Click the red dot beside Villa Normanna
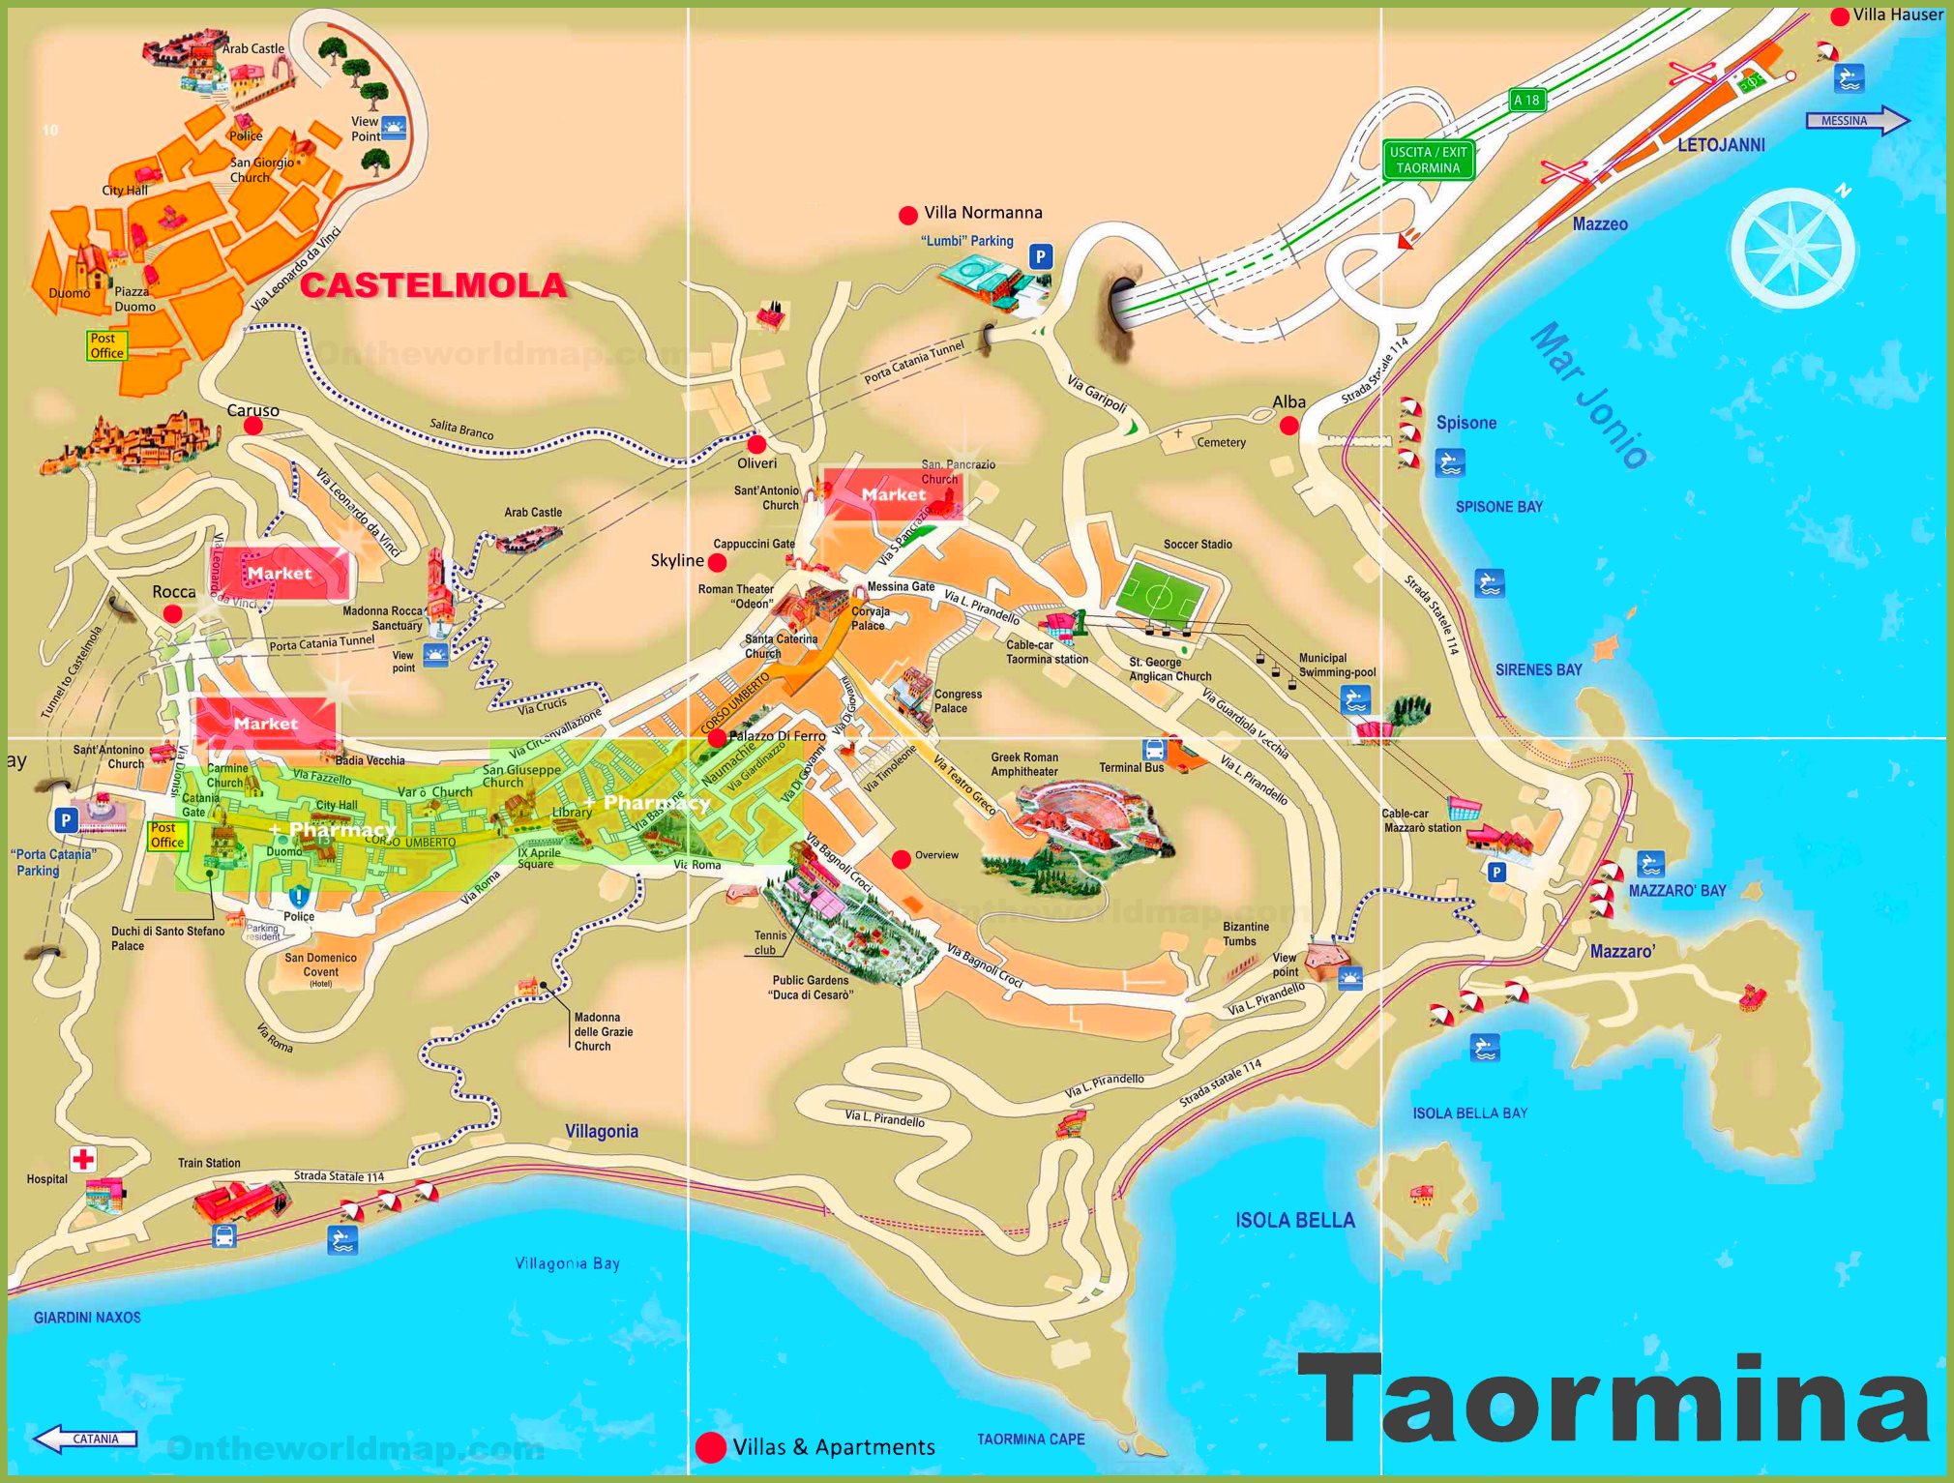tap(907, 215)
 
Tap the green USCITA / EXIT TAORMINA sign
tap(1428, 160)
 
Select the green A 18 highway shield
tap(1526, 100)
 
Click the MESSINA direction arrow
tap(1855, 121)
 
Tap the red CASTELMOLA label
tap(432, 285)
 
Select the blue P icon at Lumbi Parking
tap(1040, 256)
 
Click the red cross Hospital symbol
tap(84, 1158)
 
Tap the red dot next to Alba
tap(1288, 425)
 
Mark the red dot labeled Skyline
tap(718, 562)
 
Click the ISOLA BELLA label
tap(1294, 1221)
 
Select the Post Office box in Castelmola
tap(106, 345)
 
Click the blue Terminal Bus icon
tap(1154, 750)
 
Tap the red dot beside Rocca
tap(172, 613)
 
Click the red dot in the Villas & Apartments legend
tap(711, 1447)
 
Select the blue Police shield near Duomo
tap(299, 897)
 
